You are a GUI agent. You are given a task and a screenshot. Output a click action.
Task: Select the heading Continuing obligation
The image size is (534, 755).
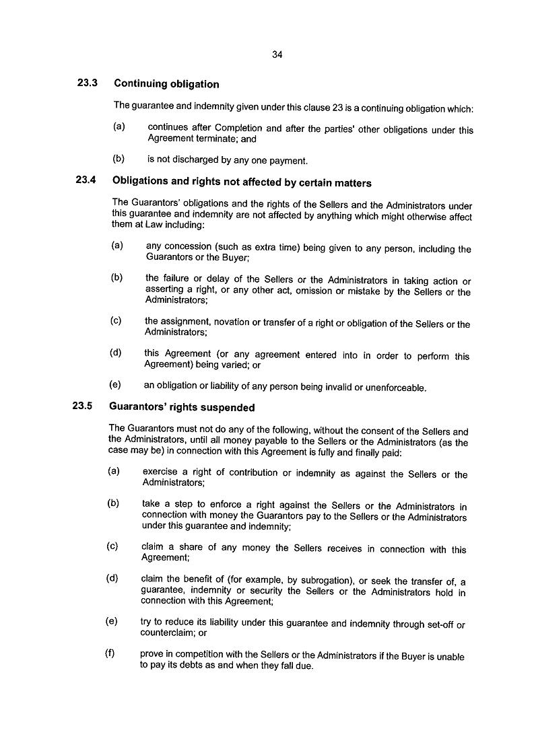[x=166, y=84]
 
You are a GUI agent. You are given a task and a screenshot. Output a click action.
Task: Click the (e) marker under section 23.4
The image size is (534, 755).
[x=115, y=386]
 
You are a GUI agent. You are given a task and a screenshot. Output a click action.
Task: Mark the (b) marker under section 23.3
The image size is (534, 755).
[x=119, y=159]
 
